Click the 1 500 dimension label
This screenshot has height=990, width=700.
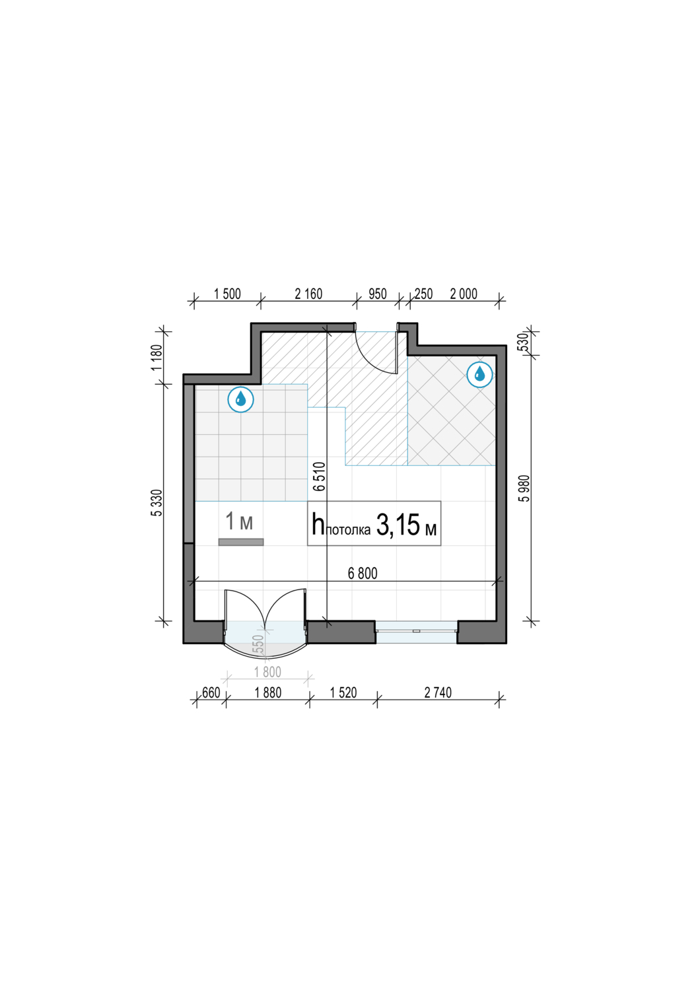tap(227, 294)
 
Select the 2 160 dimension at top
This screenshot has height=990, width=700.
tap(308, 294)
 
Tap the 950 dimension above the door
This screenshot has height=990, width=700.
tap(378, 294)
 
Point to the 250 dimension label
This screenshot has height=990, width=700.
tap(423, 294)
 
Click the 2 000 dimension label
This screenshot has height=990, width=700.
tap(464, 294)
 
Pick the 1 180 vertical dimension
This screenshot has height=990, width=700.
tap(157, 357)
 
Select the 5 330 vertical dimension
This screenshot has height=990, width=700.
tap(157, 503)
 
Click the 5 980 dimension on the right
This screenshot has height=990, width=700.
tap(525, 488)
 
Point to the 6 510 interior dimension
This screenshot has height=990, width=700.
tap(319, 477)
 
